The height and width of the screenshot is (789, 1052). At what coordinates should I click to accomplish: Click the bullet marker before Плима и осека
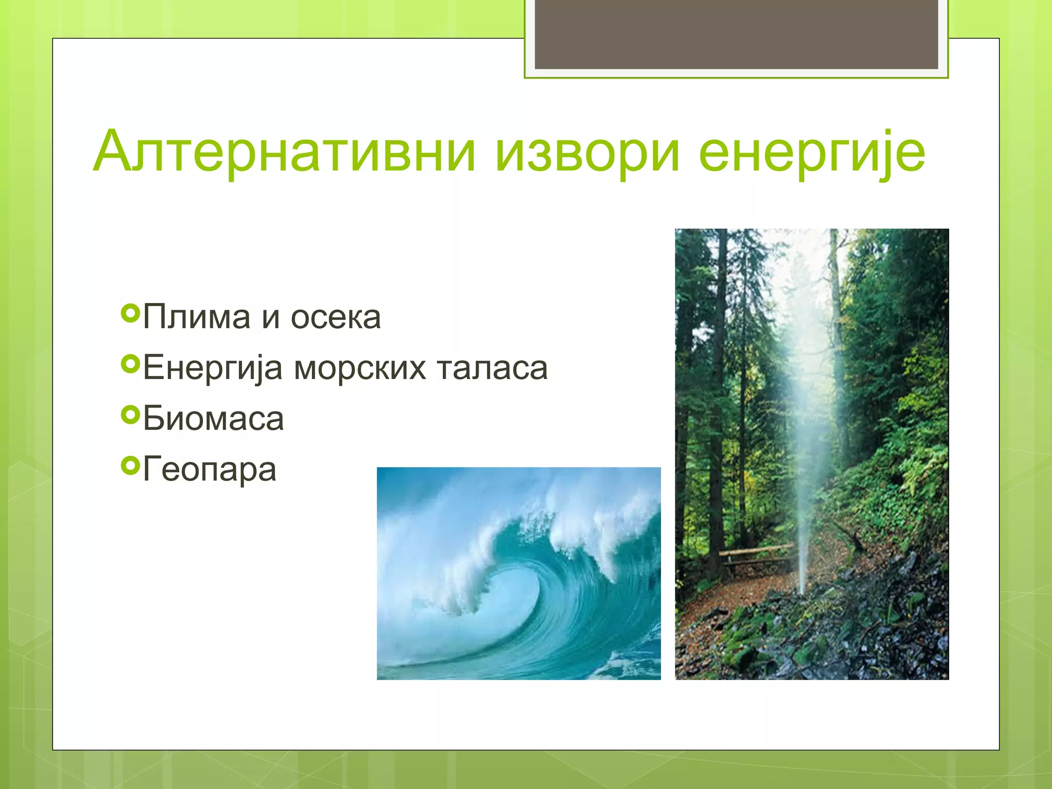(130, 313)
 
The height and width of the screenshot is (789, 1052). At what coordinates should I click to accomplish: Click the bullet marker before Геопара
(130, 466)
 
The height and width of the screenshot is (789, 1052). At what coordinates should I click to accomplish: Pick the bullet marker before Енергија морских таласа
(130, 364)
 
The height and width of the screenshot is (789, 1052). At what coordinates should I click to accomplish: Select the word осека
(335, 318)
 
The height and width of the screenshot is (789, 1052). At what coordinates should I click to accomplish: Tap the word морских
(360, 368)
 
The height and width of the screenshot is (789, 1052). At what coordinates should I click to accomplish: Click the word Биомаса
(213, 419)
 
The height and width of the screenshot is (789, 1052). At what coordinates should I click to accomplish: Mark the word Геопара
(210, 470)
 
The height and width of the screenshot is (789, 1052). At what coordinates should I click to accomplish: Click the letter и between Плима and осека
(271, 318)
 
